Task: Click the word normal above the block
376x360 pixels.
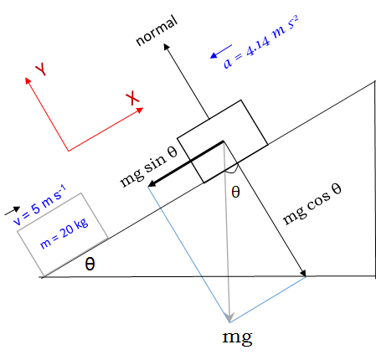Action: point(157,30)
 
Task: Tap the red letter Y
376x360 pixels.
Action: point(41,69)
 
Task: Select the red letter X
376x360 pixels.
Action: point(132,98)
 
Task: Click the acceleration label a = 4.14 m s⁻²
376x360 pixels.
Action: point(261,42)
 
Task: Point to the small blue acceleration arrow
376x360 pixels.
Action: point(221,52)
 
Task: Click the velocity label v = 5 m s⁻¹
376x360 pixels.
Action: point(39,205)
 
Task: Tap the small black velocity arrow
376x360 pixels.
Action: point(13,211)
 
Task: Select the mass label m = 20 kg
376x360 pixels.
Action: point(64,233)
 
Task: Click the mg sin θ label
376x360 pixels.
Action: point(148,167)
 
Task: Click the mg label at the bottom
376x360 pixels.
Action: point(237,337)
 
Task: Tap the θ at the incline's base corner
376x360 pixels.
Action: point(90,264)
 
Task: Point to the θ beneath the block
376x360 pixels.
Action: point(235,192)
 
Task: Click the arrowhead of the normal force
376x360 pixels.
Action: point(167,47)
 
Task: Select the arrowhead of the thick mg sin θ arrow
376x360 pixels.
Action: point(152,183)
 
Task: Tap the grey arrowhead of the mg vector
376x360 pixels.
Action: point(229,317)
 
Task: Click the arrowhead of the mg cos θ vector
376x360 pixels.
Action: point(303,273)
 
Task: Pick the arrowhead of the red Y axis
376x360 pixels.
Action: point(28,80)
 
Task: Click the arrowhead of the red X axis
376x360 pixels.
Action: point(140,111)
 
